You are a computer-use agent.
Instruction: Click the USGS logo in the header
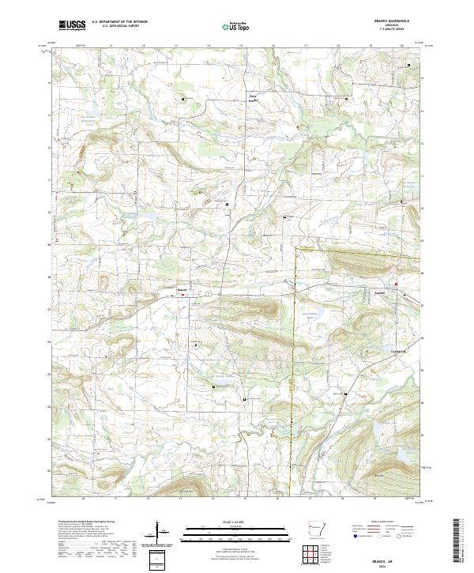tap(72, 25)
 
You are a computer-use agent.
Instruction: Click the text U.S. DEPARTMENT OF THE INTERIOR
tap(119, 21)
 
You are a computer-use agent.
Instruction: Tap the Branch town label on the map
tap(181, 289)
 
